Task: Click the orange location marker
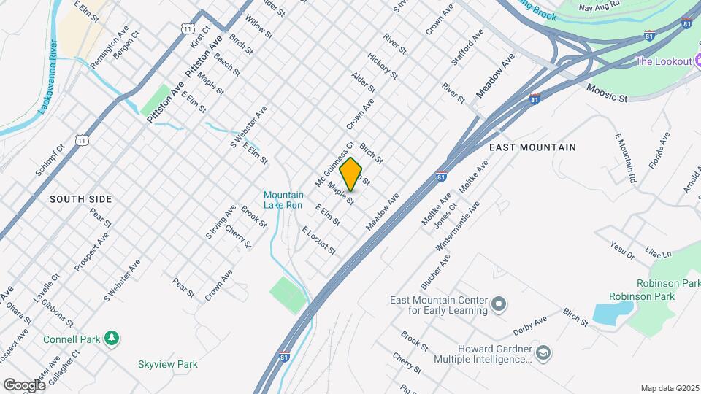(x=351, y=174)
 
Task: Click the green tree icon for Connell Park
(x=112, y=338)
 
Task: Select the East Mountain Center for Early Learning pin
(x=499, y=303)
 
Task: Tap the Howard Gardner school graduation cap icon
(x=543, y=354)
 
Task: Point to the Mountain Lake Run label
(x=283, y=200)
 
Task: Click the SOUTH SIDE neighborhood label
(x=80, y=199)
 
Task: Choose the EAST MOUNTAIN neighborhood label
(x=532, y=147)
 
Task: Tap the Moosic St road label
(x=608, y=93)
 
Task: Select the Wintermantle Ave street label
(x=458, y=226)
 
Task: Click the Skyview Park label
(x=168, y=364)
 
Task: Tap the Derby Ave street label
(x=530, y=322)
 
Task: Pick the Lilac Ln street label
(x=658, y=252)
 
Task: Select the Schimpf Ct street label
(x=50, y=160)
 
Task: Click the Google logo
(x=24, y=385)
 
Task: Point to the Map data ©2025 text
(x=669, y=388)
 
